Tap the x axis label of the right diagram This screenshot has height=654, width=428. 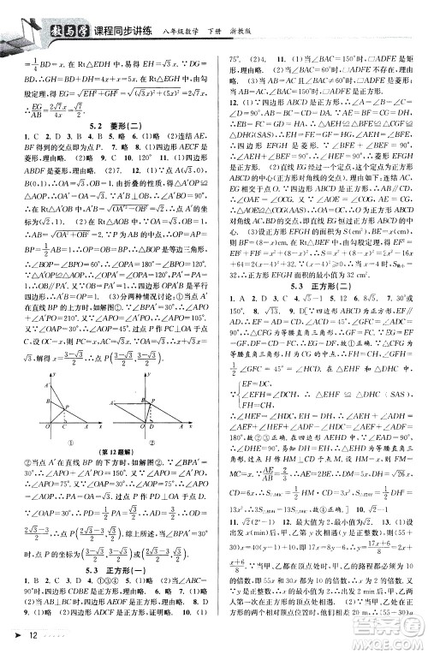click(189, 425)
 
